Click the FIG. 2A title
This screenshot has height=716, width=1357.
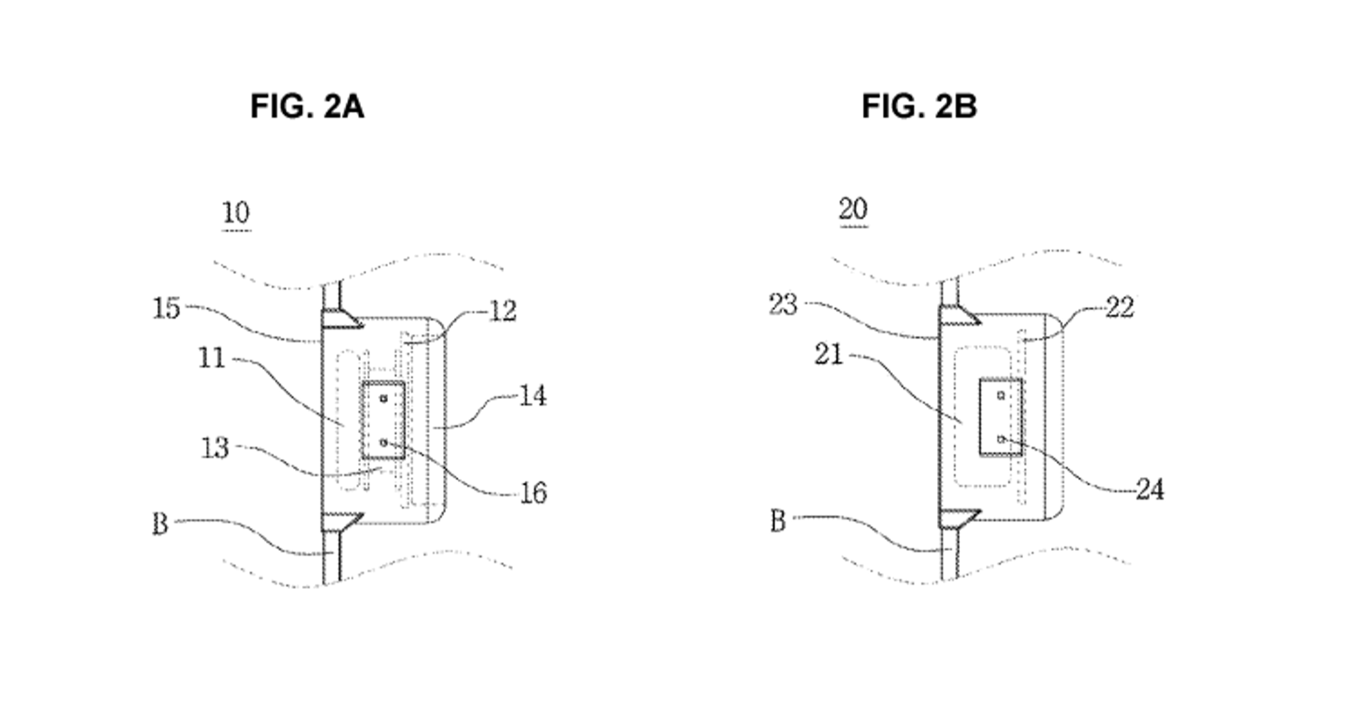[307, 107]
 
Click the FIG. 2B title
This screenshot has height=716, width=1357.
[919, 107]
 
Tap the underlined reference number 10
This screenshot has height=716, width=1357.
[235, 213]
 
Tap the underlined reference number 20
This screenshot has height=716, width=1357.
[853, 209]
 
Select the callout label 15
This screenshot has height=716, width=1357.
[166, 309]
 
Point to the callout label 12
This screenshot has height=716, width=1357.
[503, 312]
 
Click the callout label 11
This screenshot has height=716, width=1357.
[212, 358]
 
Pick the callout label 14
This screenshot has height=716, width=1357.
[533, 396]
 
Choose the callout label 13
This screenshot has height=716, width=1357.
[215, 449]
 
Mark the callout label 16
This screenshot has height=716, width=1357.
[533, 493]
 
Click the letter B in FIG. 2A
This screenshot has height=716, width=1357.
[160, 524]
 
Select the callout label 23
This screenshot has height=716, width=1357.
[783, 305]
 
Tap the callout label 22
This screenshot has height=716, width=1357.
[1120, 308]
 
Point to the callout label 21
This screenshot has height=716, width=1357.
[828, 355]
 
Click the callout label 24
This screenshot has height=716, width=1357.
[1150, 490]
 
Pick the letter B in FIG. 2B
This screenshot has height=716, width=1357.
[778, 521]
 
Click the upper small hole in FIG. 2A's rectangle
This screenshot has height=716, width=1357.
[383, 398]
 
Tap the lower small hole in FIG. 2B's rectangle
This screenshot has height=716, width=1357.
[1001, 439]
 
